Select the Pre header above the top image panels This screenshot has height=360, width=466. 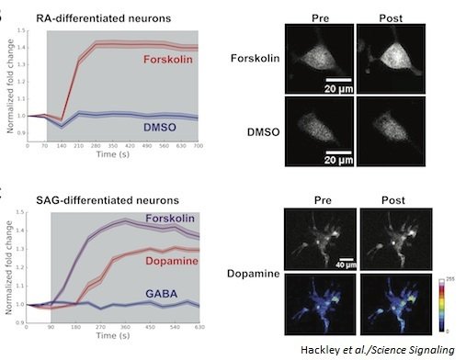[x=319, y=17]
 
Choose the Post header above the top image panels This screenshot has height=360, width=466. [x=390, y=17]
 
